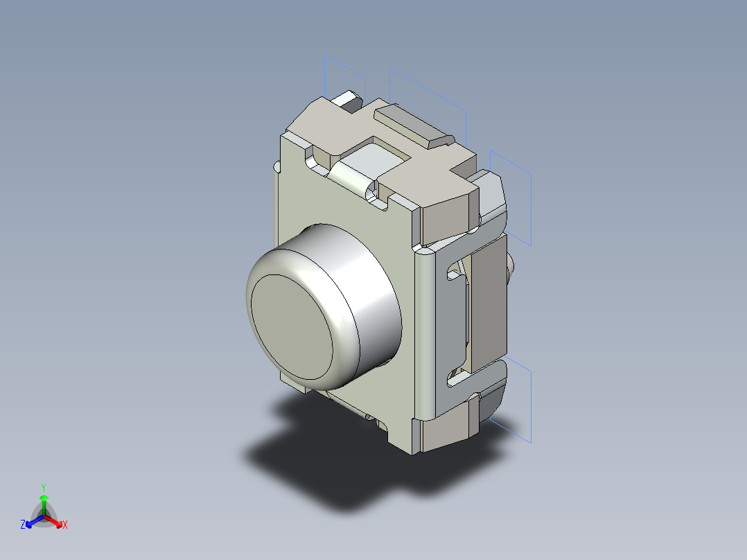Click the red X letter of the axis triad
pyautogui.click(x=65, y=525)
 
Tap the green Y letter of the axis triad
pyautogui.click(x=44, y=487)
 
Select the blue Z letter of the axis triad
pyautogui.click(x=23, y=525)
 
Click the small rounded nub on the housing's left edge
pyautogui.click(x=277, y=167)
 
